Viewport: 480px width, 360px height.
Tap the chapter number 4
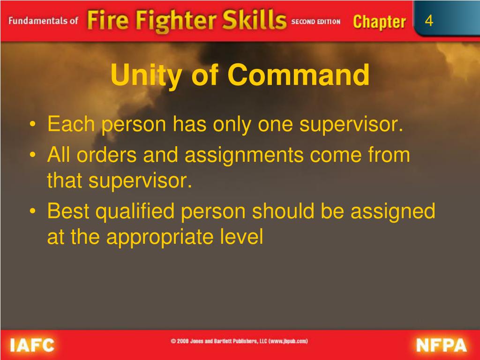pos(429,21)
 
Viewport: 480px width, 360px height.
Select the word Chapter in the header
pos(379,22)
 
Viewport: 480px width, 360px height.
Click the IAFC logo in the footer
pos(32,345)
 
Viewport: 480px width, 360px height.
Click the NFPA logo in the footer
pos(441,345)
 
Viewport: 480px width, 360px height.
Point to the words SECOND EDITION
pos(315,22)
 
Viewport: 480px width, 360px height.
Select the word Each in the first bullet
pos(70,125)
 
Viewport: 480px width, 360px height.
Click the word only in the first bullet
pos(231,125)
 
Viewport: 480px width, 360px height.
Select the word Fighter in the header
pos(169,22)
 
